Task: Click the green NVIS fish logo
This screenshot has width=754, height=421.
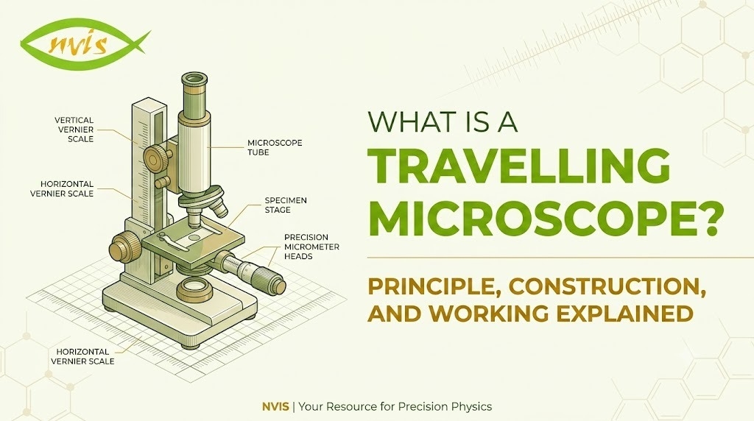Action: click(x=85, y=43)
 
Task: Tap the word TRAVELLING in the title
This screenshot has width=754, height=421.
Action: click(x=519, y=166)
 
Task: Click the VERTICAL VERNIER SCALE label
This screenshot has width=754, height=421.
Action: click(x=74, y=130)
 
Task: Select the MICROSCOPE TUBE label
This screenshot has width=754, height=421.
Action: click(x=275, y=147)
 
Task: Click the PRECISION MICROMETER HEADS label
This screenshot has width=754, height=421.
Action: click(x=311, y=247)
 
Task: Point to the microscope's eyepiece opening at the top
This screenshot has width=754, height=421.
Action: click(x=195, y=79)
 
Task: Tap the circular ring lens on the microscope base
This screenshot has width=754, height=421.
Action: click(x=195, y=289)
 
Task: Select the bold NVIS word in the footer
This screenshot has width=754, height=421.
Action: click(x=275, y=406)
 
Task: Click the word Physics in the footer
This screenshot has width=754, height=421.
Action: click(x=472, y=407)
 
